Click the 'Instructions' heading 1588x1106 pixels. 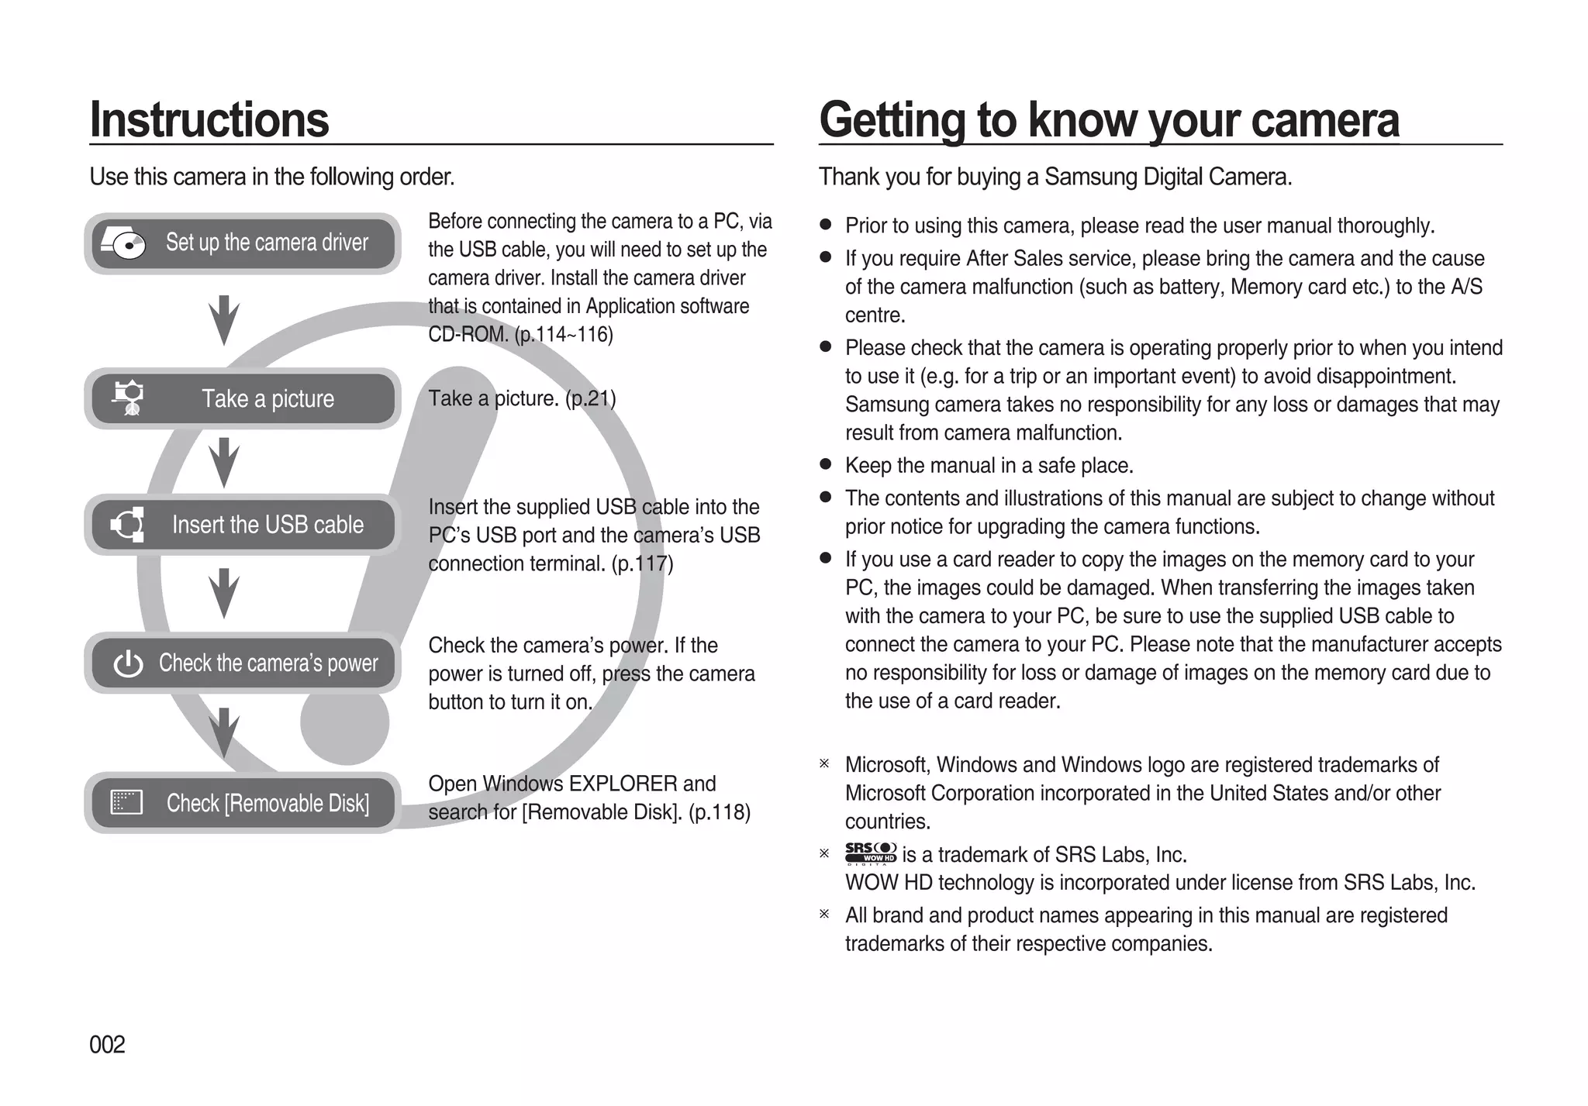point(209,120)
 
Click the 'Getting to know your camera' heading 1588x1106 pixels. point(1109,120)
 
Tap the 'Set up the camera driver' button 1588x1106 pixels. point(243,243)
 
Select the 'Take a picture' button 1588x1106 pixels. point(243,398)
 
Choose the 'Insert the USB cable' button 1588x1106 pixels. point(243,525)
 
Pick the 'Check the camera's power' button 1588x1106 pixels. point(243,663)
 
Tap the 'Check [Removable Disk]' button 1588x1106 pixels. point(243,803)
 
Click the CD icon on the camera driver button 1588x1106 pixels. point(124,243)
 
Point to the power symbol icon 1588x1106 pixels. point(128,664)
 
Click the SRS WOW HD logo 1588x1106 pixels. point(870,853)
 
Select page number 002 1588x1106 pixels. point(107,1045)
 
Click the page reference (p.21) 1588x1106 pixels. point(591,398)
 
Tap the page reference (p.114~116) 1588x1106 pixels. point(564,335)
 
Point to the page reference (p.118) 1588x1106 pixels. point(719,812)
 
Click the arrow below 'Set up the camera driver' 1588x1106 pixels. point(223,319)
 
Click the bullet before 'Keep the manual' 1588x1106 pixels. point(826,465)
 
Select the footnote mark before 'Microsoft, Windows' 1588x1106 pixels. point(824,764)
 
